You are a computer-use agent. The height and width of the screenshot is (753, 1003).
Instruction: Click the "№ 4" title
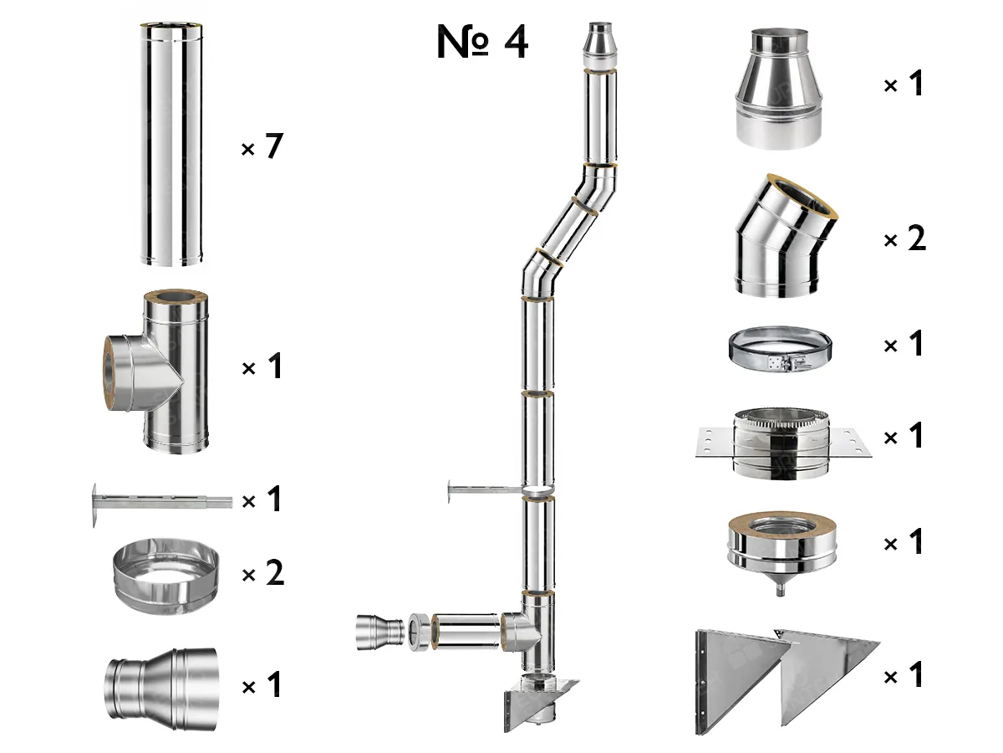pos(482,42)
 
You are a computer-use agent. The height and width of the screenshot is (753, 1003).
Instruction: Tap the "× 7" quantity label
pos(262,148)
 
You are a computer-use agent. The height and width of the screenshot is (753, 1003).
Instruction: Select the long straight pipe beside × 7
pos(171,146)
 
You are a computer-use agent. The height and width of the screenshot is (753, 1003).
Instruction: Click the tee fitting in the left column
pos(163,372)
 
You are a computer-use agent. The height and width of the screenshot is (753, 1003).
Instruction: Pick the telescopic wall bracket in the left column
pos(159,502)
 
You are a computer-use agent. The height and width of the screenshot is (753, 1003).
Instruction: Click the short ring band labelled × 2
pos(165,577)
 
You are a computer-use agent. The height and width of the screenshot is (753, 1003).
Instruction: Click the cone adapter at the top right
pos(780,88)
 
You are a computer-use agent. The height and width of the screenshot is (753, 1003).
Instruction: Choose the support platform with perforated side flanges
pos(782,441)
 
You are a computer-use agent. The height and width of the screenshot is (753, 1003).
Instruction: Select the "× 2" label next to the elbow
pos(905,240)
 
